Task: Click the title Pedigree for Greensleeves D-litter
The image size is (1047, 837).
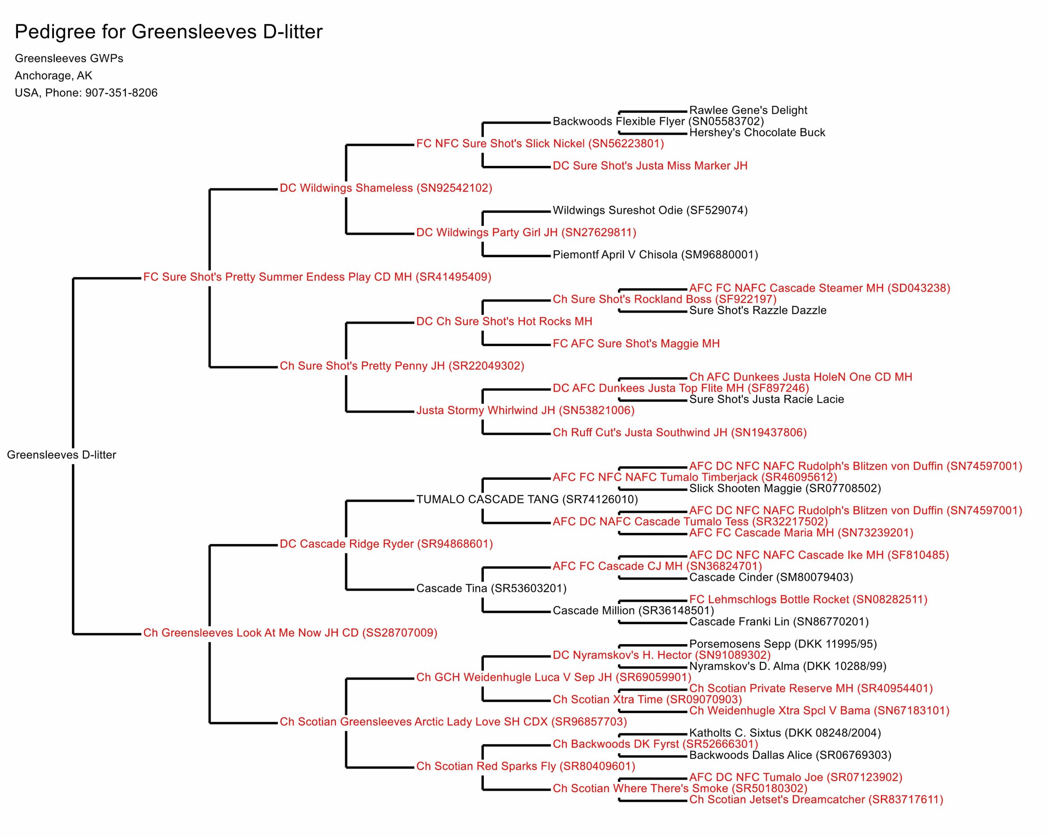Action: pos(169,32)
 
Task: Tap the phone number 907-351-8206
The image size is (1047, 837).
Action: pos(121,93)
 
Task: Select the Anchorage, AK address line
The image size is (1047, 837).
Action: pos(54,76)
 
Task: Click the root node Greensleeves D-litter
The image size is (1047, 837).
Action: pos(62,454)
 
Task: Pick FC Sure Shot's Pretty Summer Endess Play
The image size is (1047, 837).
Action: pos(277,277)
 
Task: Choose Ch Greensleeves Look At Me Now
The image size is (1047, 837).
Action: pos(251,633)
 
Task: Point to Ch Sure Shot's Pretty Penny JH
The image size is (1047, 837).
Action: pos(362,366)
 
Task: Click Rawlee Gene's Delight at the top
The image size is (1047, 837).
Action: pos(748,110)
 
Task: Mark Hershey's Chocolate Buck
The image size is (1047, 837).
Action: pos(757,132)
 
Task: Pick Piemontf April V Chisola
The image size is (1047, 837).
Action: pos(655,255)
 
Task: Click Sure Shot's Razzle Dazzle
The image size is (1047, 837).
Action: pos(757,311)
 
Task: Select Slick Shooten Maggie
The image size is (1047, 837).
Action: pos(785,488)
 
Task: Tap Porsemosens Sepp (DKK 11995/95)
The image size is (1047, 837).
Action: pos(783,644)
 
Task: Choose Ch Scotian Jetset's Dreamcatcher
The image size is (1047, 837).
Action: pos(816,800)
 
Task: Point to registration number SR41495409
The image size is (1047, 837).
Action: pos(454,277)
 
